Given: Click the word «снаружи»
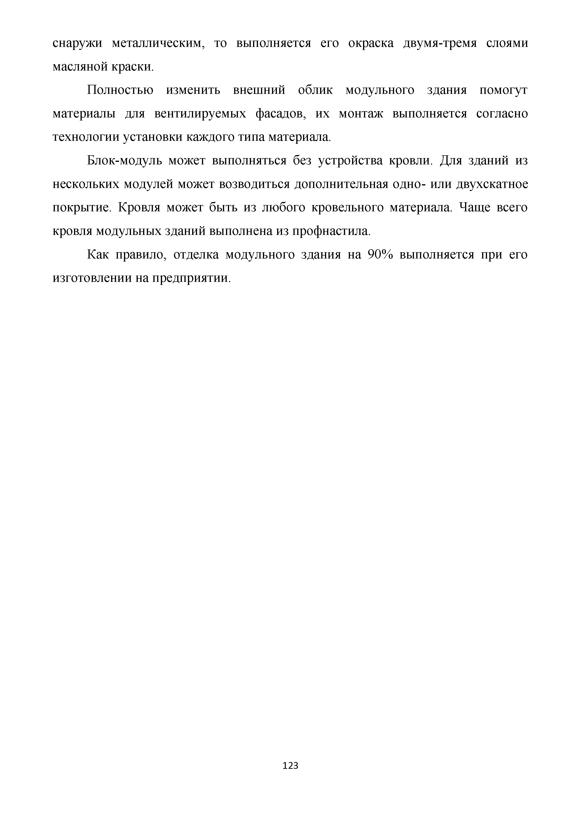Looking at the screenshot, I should (77, 43).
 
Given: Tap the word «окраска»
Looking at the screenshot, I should (371, 43).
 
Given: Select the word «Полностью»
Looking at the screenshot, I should (120, 90).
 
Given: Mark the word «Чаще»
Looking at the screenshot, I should (473, 208).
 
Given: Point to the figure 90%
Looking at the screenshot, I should (380, 255).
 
